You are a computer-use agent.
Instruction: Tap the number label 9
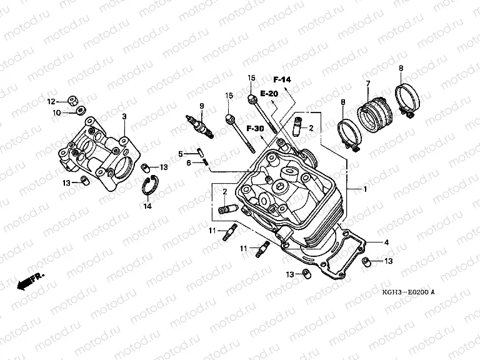coord(202,105)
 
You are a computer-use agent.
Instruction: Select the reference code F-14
coord(282,79)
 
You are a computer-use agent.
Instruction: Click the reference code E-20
coord(269,94)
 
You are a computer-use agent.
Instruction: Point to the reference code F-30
coord(254,128)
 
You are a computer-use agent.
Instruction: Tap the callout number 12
coord(52,101)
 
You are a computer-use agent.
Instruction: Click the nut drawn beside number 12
coord(73,100)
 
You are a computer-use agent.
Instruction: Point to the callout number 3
coord(124,117)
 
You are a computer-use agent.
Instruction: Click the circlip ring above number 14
coord(150,186)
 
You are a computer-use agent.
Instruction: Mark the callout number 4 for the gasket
coord(386,242)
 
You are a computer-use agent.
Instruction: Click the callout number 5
coord(179,154)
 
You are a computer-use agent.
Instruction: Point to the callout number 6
coord(187,163)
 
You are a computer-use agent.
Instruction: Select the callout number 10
coord(56,112)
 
